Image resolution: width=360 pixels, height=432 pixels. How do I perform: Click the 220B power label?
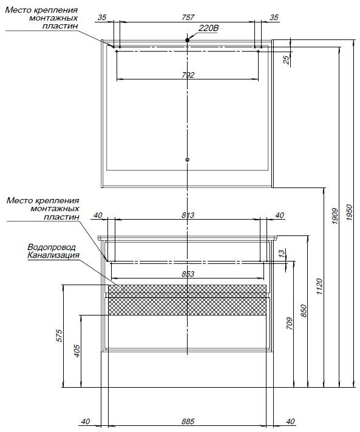(209, 28)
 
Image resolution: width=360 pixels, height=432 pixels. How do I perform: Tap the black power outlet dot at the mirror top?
(188, 40)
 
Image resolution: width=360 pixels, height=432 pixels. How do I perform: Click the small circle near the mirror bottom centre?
(188, 160)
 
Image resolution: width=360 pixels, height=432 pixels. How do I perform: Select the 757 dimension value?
(188, 18)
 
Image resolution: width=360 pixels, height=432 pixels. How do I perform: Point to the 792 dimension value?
(188, 75)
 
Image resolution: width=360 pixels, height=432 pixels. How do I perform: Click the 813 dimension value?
(188, 215)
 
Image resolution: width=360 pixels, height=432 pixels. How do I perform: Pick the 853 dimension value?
(188, 274)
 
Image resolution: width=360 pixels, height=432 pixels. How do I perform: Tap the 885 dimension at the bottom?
(188, 422)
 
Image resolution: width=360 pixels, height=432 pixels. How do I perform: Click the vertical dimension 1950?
(350, 212)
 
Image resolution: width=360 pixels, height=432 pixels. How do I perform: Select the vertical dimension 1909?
(335, 216)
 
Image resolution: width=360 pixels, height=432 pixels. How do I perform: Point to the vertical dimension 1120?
(319, 286)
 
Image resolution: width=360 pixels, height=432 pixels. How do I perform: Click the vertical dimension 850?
(304, 311)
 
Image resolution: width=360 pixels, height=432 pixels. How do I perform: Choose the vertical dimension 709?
(289, 323)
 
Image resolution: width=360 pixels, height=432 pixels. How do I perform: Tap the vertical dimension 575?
(59, 336)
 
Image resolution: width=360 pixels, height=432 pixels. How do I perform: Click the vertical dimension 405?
(77, 351)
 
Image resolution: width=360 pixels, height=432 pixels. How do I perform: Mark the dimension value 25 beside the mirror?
(287, 60)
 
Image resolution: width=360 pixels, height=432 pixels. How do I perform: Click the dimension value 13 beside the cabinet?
(282, 253)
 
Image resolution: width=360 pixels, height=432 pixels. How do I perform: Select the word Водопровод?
(52, 247)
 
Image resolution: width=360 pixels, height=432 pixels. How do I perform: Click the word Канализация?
(53, 255)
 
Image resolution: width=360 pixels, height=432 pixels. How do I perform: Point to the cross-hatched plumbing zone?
(187, 300)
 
